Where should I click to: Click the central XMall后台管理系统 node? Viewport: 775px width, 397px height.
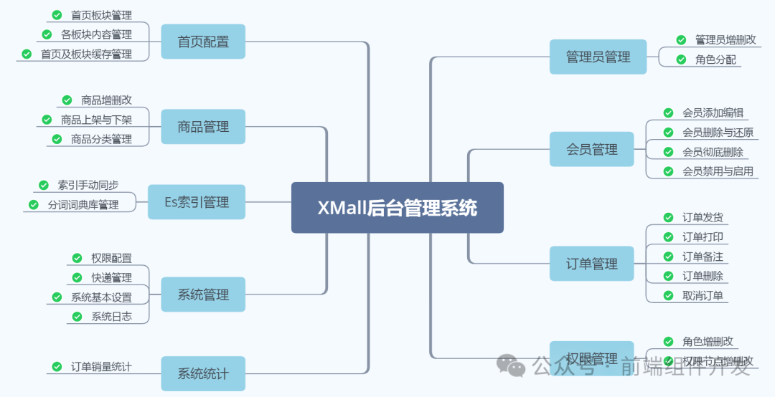[x=397, y=208]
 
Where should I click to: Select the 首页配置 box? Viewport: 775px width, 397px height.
[x=203, y=42]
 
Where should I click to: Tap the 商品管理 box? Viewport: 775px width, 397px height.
[x=203, y=127]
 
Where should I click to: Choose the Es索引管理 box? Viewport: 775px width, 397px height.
[x=197, y=202]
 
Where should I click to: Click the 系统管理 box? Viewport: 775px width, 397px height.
[x=203, y=295]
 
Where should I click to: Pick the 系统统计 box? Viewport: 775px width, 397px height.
[x=203, y=373]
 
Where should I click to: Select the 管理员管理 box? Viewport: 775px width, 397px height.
[x=598, y=57]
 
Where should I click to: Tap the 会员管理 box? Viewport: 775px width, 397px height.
[x=592, y=149]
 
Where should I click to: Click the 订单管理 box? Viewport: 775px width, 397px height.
[x=592, y=264]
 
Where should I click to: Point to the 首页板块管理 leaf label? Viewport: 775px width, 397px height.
[x=101, y=15]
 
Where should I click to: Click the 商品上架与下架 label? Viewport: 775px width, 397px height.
[x=96, y=120]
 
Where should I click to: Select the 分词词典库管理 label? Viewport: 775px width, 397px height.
[x=83, y=205]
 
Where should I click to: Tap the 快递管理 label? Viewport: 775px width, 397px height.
[x=111, y=277]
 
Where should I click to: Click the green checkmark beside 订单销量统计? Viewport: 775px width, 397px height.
[x=57, y=367]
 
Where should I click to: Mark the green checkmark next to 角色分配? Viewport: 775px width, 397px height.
[x=681, y=59]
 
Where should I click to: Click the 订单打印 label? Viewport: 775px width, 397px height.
[x=703, y=237]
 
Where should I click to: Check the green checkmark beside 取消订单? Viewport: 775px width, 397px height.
[x=668, y=295]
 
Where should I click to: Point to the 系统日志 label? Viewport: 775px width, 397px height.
[x=111, y=316]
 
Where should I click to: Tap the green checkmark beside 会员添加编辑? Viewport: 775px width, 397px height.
[x=668, y=113]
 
